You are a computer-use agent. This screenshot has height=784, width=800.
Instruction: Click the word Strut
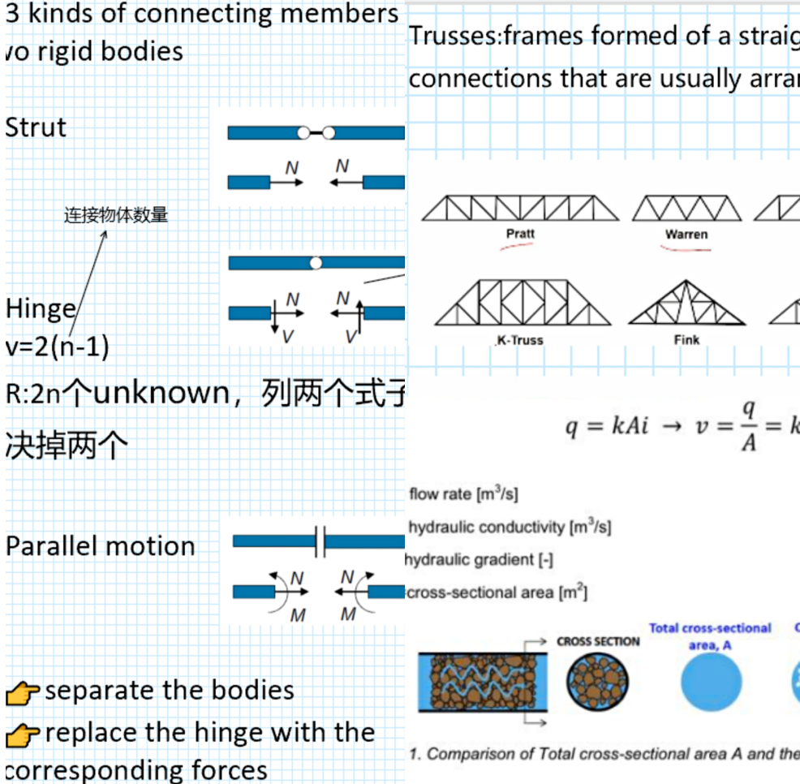click(x=36, y=128)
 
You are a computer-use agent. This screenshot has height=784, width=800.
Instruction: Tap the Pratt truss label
click(x=520, y=234)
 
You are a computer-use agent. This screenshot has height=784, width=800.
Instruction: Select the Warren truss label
click(x=686, y=235)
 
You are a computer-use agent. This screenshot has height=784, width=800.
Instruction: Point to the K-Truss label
click(x=520, y=340)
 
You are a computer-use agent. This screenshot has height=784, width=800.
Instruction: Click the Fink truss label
click(x=686, y=340)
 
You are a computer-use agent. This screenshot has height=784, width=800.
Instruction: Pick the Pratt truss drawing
click(x=520, y=208)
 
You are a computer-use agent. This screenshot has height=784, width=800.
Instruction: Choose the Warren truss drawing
click(x=686, y=208)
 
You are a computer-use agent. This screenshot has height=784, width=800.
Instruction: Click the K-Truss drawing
click(x=522, y=304)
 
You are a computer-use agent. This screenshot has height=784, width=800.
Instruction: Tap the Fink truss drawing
click(x=686, y=304)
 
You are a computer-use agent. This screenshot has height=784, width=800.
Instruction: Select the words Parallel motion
click(x=101, y=546)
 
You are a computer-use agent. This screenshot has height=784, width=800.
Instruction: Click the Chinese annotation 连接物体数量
click(x=116, y=215)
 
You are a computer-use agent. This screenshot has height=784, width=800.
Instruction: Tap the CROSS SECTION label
click(x=598, y=641)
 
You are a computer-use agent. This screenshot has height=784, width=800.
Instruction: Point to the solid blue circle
click(x=711, y=681)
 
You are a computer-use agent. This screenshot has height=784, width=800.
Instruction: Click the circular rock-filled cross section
click(x=598, y=681)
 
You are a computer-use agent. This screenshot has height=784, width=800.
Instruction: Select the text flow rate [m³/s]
click(x=463, y=494)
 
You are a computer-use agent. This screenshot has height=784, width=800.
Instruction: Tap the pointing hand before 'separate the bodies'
click(x=23, y=693)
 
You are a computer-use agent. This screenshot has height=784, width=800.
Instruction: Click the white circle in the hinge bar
click(x=316, y=263)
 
